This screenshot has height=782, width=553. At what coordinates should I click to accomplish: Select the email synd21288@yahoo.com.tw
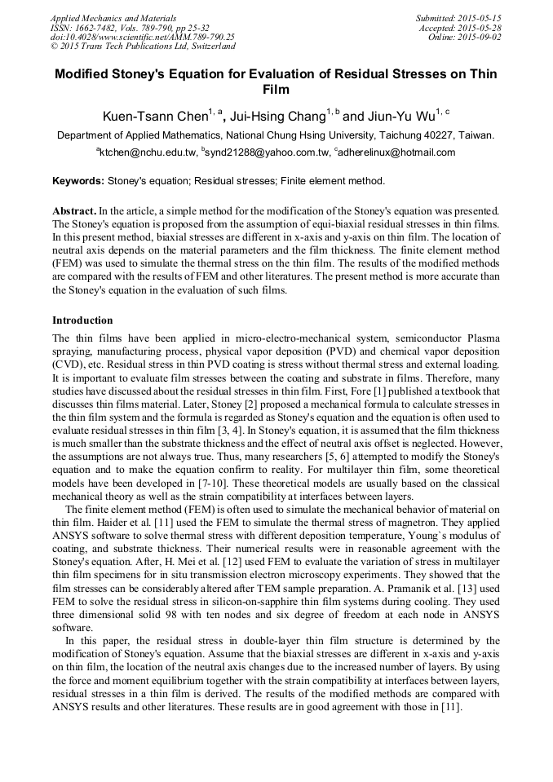pos(270,152)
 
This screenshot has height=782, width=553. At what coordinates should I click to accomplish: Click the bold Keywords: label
pos(78,181)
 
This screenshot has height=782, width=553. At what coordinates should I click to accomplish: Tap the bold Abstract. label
pos(74,211)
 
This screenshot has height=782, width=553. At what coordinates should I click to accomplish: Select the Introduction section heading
pos(82,320)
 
